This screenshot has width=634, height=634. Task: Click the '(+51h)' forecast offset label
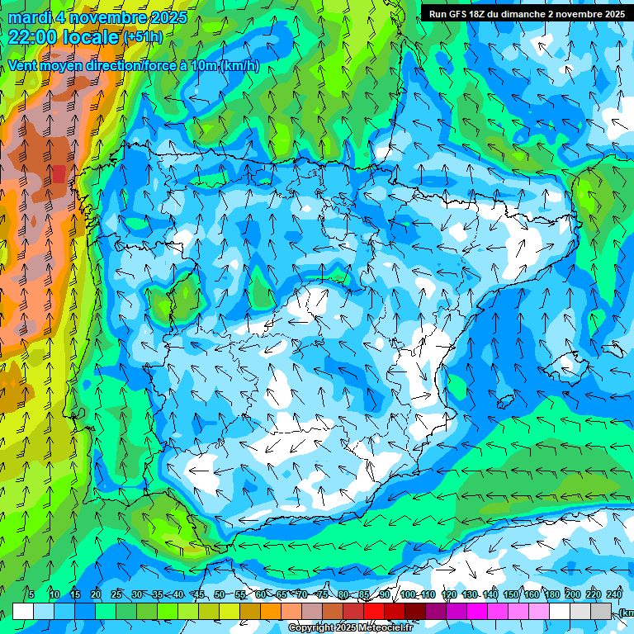[143, 37]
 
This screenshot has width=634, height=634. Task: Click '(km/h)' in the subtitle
[239, 66]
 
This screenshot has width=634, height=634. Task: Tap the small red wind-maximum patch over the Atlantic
[59, 173]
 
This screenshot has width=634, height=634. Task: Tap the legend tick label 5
[31, 594]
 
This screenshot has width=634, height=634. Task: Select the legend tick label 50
[219, 594]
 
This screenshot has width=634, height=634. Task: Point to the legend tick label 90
[385, 594]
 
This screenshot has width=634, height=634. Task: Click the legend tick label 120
[449, 594]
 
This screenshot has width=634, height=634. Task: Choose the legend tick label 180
[551, 594]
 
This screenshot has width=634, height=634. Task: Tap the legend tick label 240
[613, 594]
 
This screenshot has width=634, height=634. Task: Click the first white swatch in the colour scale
[23, 612]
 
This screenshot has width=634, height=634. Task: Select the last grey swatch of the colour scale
[602, 612]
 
